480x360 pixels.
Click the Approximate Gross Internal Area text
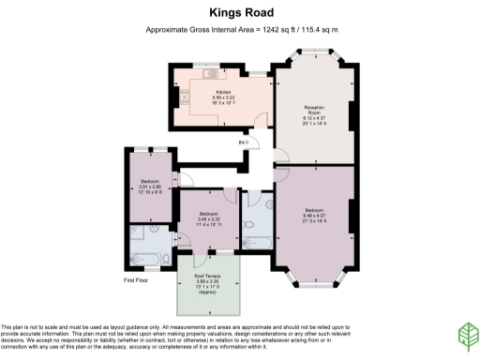[241, 31]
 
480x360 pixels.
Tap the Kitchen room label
[222, 92]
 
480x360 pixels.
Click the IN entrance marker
[244, 142]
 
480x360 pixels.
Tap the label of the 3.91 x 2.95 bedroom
[151, 180]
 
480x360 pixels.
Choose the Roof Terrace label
[207, 275]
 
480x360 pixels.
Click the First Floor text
[137, 280]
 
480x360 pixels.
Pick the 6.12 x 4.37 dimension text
[314, 119]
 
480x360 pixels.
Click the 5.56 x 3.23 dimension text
[222, 97]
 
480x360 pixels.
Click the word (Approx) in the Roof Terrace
[207, 292]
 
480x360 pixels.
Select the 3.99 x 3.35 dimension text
[207, 280]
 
